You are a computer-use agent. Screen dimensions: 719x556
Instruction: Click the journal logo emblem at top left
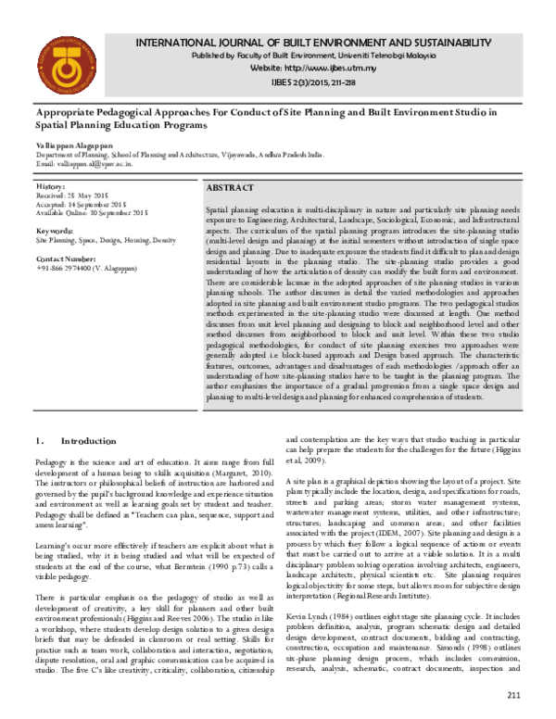click(x=60, y=66)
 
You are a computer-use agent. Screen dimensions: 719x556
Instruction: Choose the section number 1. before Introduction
click(x=40, y=441)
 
